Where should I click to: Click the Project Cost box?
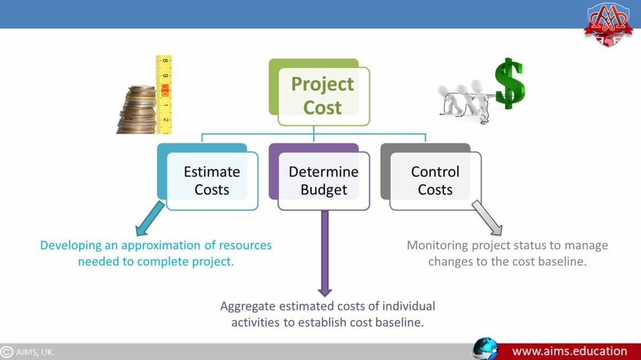pos(322,96)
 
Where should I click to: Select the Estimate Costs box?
pos(212,181)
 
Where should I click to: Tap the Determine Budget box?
pos(323,181)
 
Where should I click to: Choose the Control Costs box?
pos(435,181)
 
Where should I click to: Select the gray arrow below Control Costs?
pos(487,218)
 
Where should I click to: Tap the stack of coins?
pos(137,110)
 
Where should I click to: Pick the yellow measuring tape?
pos(163,94)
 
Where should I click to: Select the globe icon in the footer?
pos(484,350)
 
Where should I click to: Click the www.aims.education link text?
pos(569,351)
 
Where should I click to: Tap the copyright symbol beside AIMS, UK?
pos(7,352)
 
